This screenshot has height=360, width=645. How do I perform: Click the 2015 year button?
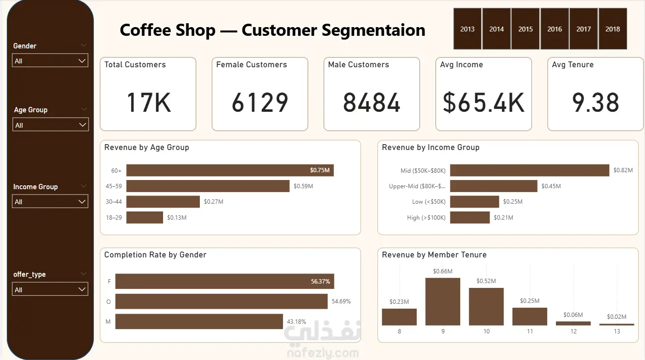tap(525, 29)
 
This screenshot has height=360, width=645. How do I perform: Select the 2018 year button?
tap(613, 29)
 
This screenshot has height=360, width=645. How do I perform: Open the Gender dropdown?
tap(50, 60)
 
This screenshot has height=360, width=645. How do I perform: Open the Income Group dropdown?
tap(50, 201)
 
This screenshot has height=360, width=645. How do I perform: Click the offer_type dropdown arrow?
tap(82, 289)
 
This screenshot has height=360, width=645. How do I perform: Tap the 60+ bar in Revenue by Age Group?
tap(230, 170)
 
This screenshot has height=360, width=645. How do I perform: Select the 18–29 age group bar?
tap(145, 217)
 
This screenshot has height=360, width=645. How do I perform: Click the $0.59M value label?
tap(303, 186)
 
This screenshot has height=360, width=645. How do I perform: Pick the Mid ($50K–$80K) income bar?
tap(529, 170)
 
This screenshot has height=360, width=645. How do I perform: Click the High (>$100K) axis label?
tap(426, 217)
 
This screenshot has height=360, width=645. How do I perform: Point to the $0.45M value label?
tap(551, 186)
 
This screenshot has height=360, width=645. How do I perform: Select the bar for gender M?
tap(199, 321)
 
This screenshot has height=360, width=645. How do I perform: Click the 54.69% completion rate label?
tap(341, 301)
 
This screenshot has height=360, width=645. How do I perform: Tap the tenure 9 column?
tap(443, 301)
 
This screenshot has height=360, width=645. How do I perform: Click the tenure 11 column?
tap(530, 316)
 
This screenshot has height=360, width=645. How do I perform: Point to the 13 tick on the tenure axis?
tap(617, 331)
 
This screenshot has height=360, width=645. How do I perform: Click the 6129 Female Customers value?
tap(260, 103)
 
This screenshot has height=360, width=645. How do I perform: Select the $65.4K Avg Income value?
tap(483, 103)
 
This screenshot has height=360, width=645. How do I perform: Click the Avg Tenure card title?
tap(572, 64)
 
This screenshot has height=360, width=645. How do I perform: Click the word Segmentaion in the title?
tap(374, 30)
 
